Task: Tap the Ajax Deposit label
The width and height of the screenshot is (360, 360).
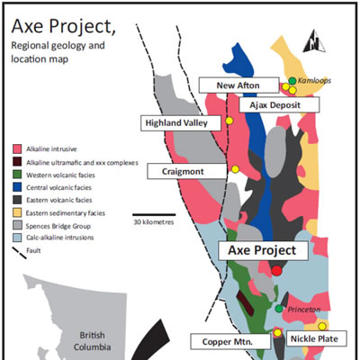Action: pos(283,105)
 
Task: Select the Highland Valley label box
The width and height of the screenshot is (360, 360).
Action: pos(179,122)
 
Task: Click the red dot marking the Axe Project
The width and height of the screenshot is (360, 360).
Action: pos(276,270)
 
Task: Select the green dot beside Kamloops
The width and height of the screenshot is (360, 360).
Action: pos(292,81)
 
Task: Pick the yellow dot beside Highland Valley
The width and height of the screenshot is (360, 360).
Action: pos(229,120)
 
